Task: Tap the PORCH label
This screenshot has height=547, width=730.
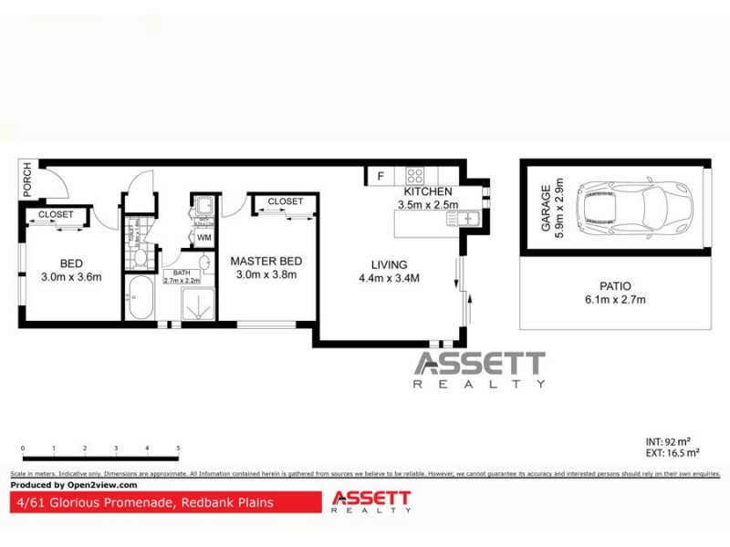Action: (27, 178)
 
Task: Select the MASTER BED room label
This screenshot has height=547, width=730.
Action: (266, 261)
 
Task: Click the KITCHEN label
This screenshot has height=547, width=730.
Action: (428, 192)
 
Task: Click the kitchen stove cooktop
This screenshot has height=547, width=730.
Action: (414, 176)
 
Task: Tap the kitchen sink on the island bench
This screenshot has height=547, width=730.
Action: (466, 219)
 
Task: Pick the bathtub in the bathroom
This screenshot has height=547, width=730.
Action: (141, 300)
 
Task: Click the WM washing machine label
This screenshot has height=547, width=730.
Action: (203, 238)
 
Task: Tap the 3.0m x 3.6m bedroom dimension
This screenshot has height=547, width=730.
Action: (71, 276)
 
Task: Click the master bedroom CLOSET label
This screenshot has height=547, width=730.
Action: (285, 201)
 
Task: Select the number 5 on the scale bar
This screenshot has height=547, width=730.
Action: (178, 449)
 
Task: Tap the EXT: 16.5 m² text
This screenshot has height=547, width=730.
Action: (672, 452)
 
